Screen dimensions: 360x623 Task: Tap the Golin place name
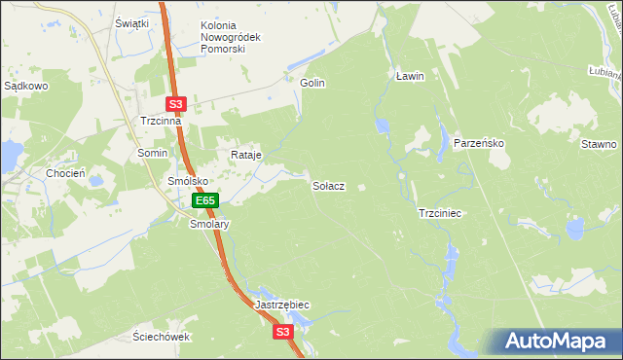click(x=311, y=84)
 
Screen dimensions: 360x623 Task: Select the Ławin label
click(x=411, y=75)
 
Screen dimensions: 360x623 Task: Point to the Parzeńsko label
click(x=478, y=143)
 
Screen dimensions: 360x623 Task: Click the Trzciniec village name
click(x=439, y=212)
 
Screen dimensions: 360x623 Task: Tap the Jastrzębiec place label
click(x=282, y=305)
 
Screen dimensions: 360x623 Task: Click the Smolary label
click(x=208, y=223)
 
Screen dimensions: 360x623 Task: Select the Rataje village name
click(x=245, y=155)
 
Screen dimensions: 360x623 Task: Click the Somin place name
click(x=152, y=154)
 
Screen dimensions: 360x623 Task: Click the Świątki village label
click(x=131, y=22)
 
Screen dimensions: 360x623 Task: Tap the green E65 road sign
click(x=204, y=200)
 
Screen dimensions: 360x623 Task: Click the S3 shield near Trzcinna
click(x=175, y=103)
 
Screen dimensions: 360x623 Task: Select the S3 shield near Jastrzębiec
click(x=282, y=332)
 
